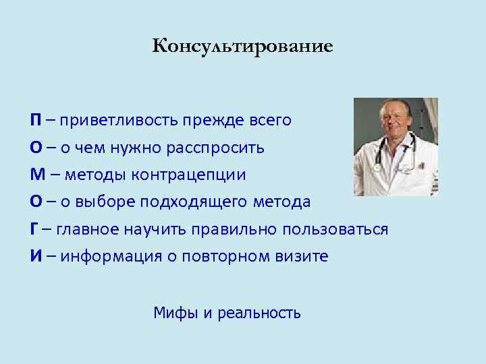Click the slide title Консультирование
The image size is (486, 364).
coord(242,47)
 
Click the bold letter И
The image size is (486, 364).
coord(34,256)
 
